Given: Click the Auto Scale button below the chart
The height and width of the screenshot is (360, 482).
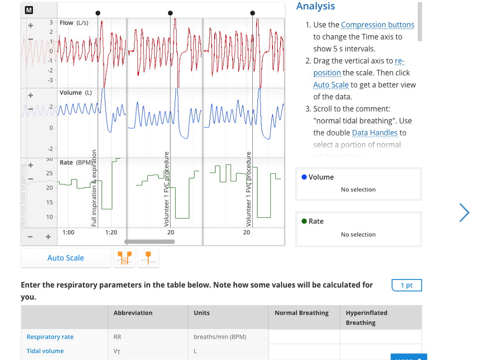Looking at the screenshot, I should pyautogui.click(x=65, y=258).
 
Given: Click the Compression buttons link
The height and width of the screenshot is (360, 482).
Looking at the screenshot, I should pyautogui.click(x=378, y=25).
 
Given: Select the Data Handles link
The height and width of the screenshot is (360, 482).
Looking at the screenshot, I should pyautogui.click(x=375, y=133).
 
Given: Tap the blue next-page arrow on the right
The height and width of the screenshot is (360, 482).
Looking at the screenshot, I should pyautogui.click(x=464, y=213).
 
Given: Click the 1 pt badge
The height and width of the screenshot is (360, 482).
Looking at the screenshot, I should pyautogui.click(x=406, y=285).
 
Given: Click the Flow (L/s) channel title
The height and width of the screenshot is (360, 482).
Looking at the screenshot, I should pyautogui.click(x=74, y=23).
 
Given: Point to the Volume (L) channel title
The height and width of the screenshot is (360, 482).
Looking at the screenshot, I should pyautogui.click(x=75, y=93).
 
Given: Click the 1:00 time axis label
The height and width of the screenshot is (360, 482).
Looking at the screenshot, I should pyautogui.click(x=68, y=232).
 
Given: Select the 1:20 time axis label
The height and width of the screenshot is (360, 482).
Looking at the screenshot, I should pyautogui.click(x=111, y=232).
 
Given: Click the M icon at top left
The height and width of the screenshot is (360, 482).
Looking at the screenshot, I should pyautogui.click(x=29, y=10).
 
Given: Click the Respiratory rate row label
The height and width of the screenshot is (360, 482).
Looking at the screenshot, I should pyautogui.click(x=50, y=337).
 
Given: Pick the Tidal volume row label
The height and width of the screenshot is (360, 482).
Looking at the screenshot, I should pyautogui.click(x=45, y=351).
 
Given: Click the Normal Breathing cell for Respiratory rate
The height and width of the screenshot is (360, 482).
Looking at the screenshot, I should pyautogui.click(x=304, y=337).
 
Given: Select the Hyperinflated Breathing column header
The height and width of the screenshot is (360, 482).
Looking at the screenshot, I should pyautogui.click(x=366, y=318).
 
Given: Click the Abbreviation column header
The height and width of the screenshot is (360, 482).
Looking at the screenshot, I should pyautogui.click(x=133, y=313).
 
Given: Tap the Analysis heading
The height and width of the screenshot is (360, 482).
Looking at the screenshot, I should pyautogui.click(x=315, y=6).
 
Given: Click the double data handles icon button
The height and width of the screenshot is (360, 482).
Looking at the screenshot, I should pyautogui.click(x=125, y=258).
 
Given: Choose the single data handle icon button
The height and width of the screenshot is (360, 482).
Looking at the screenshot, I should pyautogui.click(x=148, y=258).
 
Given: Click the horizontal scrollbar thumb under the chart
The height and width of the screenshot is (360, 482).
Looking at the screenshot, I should pyautogui.click(x=149, y=242).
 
